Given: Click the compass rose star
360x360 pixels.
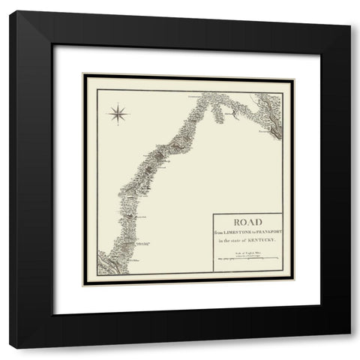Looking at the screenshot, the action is click(118, 113).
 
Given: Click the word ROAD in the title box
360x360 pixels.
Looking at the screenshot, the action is click(248, 223).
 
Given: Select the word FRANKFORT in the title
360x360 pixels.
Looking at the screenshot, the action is click(266, 232).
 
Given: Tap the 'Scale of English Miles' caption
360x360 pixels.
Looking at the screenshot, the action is click(247, 254).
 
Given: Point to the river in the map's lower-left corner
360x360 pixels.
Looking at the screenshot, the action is click(105, 263).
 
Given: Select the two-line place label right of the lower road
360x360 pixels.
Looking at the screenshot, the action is click(147, 243).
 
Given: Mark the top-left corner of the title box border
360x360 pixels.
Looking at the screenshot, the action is click(213, 214).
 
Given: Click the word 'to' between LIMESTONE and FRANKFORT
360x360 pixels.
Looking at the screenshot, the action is click(253, 232).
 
